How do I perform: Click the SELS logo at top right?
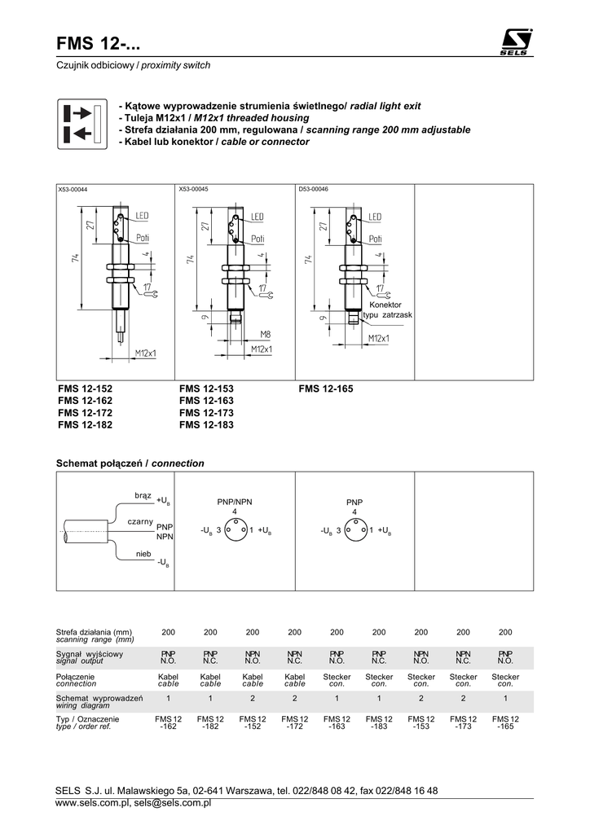click(x=516, y=42)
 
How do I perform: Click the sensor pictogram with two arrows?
click(x=82, y=124)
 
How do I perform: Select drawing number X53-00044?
click(x=73, y=189)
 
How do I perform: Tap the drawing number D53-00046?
click(x=314, y=189)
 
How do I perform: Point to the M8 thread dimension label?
click(x=265, y=335)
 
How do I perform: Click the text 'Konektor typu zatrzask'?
click(x=387, y=309)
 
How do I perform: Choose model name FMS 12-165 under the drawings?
click(x=326, y=388)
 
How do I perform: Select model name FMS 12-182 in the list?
click(x=85, y=424)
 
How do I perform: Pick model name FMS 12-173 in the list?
click(x=206, y=413)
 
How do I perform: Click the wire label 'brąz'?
click(x=143, y=496)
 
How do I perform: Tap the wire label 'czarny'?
click(x=140, y=522)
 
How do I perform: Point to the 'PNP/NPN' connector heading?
click(x=235, y=502)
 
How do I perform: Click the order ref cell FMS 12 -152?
click(x=253, y=723)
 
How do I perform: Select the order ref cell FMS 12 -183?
click(x=379, y=723)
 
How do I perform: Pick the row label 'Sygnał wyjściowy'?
click(x=90, y=654)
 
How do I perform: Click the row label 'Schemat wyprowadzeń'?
click(x=99, y=698)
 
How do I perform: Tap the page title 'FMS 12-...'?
click(x=99, y=44)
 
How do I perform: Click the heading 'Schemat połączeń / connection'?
click(x=130, y=463)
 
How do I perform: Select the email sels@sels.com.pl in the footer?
click(x=173, y=802)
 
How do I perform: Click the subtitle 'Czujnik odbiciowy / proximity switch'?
click(x=133, y=65)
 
